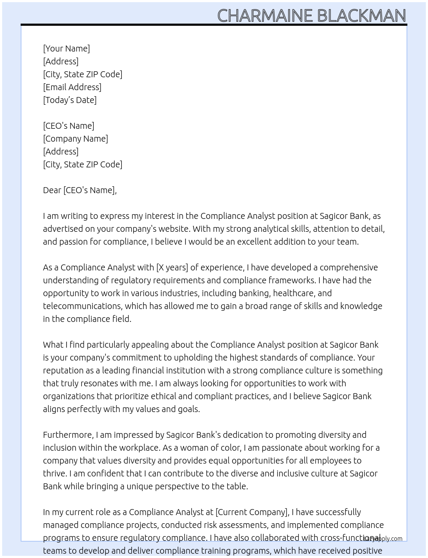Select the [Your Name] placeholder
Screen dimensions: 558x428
[x=67, y=49]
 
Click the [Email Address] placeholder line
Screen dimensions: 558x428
[x=72, y=87]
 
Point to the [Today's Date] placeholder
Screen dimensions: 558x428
[x=70, y=100]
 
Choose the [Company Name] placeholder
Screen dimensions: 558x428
[x=76, y=139]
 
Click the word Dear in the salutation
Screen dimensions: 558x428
[x=52, y=190]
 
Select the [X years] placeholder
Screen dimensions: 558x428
[x=172, y=267]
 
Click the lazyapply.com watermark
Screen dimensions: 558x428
[x=383, y=539]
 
